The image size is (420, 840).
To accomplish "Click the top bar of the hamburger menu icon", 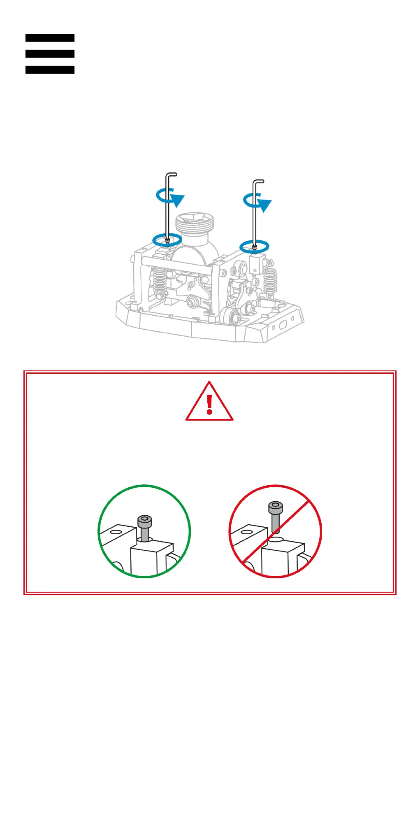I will point(50,38).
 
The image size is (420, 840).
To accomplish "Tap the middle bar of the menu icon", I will point(50,54).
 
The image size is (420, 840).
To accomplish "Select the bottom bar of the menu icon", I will point(50,70).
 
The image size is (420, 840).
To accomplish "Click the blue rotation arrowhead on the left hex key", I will point(178,200).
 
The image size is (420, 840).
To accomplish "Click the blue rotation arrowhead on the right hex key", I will point(265,205).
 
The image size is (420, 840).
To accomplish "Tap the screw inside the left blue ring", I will point(167,240).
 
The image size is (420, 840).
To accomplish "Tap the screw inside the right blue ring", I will point(255,247).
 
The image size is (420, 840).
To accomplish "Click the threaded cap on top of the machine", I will point(195,223).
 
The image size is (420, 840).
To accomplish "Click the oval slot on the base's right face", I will point(283,325).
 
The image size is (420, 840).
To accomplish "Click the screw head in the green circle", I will point(145,521).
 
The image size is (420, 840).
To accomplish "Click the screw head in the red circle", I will point(276,507).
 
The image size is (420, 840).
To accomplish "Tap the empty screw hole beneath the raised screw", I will point(276,540).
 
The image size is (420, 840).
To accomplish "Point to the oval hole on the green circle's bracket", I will point(116,532).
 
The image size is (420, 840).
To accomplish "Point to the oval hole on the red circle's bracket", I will point(246,532).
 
